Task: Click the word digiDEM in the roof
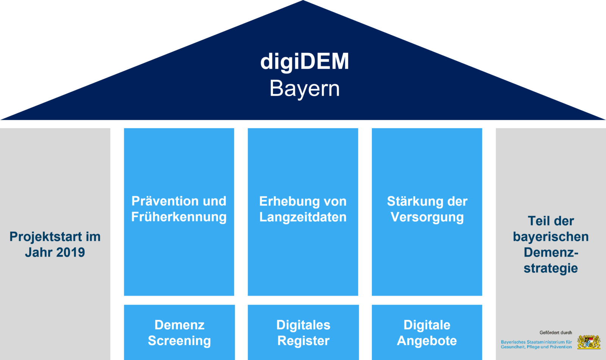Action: coord(305,62)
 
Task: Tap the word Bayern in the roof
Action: coord(305,89)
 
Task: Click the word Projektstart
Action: coord(46,237)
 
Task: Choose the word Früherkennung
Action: coord(179,217)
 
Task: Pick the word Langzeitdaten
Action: coord(303,217)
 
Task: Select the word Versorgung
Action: coord(427,217)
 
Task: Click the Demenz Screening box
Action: coord(180,332)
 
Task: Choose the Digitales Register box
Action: coord(303,332)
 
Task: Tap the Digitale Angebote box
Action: coord(427,332)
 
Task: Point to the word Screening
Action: coord(180,341)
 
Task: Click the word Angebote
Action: coord(427,341)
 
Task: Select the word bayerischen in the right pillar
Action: coord(551,237)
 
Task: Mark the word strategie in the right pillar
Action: coord(551,268)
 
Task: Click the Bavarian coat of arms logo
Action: coord(589,342)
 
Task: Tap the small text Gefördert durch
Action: coord(556,333)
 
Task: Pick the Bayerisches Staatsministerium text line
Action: coord(536,342)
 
